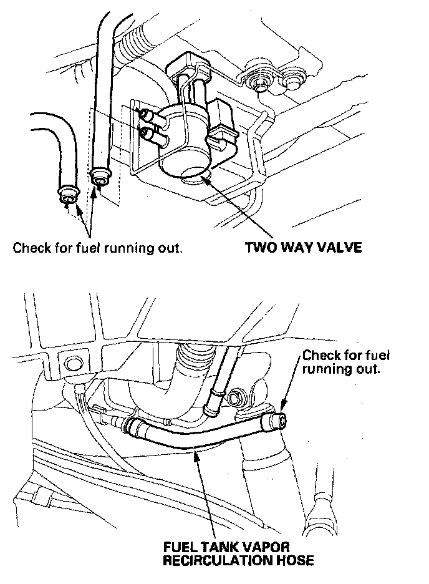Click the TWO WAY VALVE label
(x=303, y=248)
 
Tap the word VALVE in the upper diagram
(x=339, y=248)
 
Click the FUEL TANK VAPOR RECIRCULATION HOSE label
(x=238, y=553)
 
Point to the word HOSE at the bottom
(x=294, y=560)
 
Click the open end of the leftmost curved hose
(x=67, y=195)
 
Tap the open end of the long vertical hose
(x=100, y=175)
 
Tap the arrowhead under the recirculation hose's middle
(x=198, y=457)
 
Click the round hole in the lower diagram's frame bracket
(x=70, y=363)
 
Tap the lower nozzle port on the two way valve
(x=147, y=132)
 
